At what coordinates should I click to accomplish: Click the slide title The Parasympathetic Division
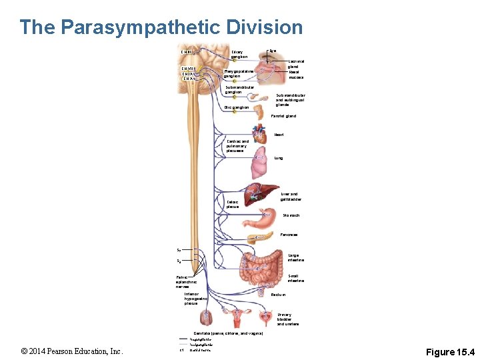pos(161,27)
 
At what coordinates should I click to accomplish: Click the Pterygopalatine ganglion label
pos(239,73)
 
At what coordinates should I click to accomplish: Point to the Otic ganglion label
pos(237,107)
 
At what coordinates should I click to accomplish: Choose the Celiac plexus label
pos(233,204)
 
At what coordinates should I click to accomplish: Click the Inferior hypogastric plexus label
pos(196,298)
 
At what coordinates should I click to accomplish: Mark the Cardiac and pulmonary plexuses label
pos(237,146)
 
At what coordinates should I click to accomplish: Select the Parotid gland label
pos(283,116)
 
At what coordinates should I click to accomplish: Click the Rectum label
pos(278,294)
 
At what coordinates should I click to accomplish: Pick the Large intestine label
pos(296,257)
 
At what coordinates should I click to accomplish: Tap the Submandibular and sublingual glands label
pos(292,100)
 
